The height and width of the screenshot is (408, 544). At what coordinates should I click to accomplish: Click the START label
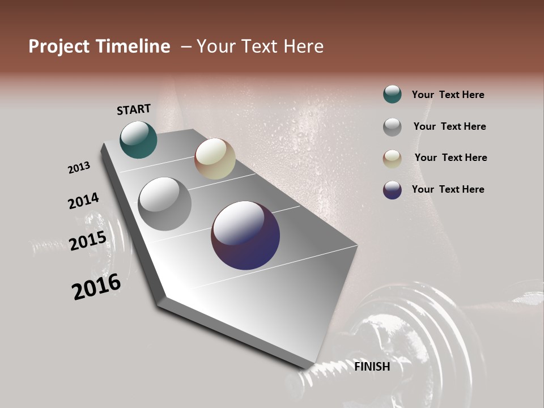(134, 109)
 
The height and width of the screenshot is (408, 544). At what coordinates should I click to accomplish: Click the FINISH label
(372, 367)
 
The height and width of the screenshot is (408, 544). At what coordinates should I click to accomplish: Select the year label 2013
(79, 168)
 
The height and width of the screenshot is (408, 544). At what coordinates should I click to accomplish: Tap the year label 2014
(83, 201)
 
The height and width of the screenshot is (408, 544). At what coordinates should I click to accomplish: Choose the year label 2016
(96, 287)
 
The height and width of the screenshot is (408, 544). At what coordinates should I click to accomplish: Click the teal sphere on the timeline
(138, 140)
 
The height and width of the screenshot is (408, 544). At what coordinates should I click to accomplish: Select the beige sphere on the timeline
(215, 159)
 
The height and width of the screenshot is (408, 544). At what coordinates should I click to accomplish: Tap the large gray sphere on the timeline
(165, 204)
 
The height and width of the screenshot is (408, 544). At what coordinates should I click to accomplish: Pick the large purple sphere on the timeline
(245, 235)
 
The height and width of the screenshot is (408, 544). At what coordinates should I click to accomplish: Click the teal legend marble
(392, 94)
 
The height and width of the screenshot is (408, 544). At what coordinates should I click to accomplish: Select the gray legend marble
(392, 127)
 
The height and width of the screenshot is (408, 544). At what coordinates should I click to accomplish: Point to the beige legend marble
(392, 159)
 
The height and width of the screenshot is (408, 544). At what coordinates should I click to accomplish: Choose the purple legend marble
(392, 190)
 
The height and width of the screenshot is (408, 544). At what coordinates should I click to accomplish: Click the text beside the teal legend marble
(448, 95)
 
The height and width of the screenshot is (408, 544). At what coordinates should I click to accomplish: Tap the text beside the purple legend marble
(448, 189)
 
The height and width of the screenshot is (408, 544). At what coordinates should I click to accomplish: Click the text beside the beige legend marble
(450, 158)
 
